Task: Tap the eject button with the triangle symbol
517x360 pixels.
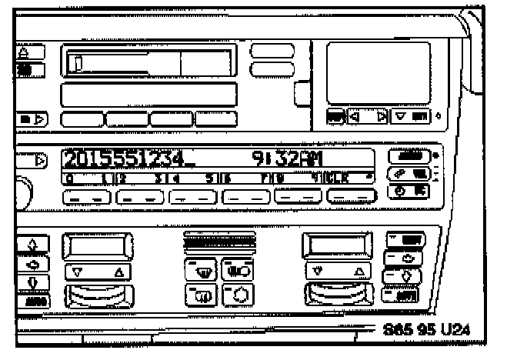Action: pyautogui.click(x=30, y=52)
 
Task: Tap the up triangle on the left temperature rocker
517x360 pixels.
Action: pyautogui.click(x=116, y=272)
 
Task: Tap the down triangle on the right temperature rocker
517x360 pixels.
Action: pyautogui.click(x=316, y=272)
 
